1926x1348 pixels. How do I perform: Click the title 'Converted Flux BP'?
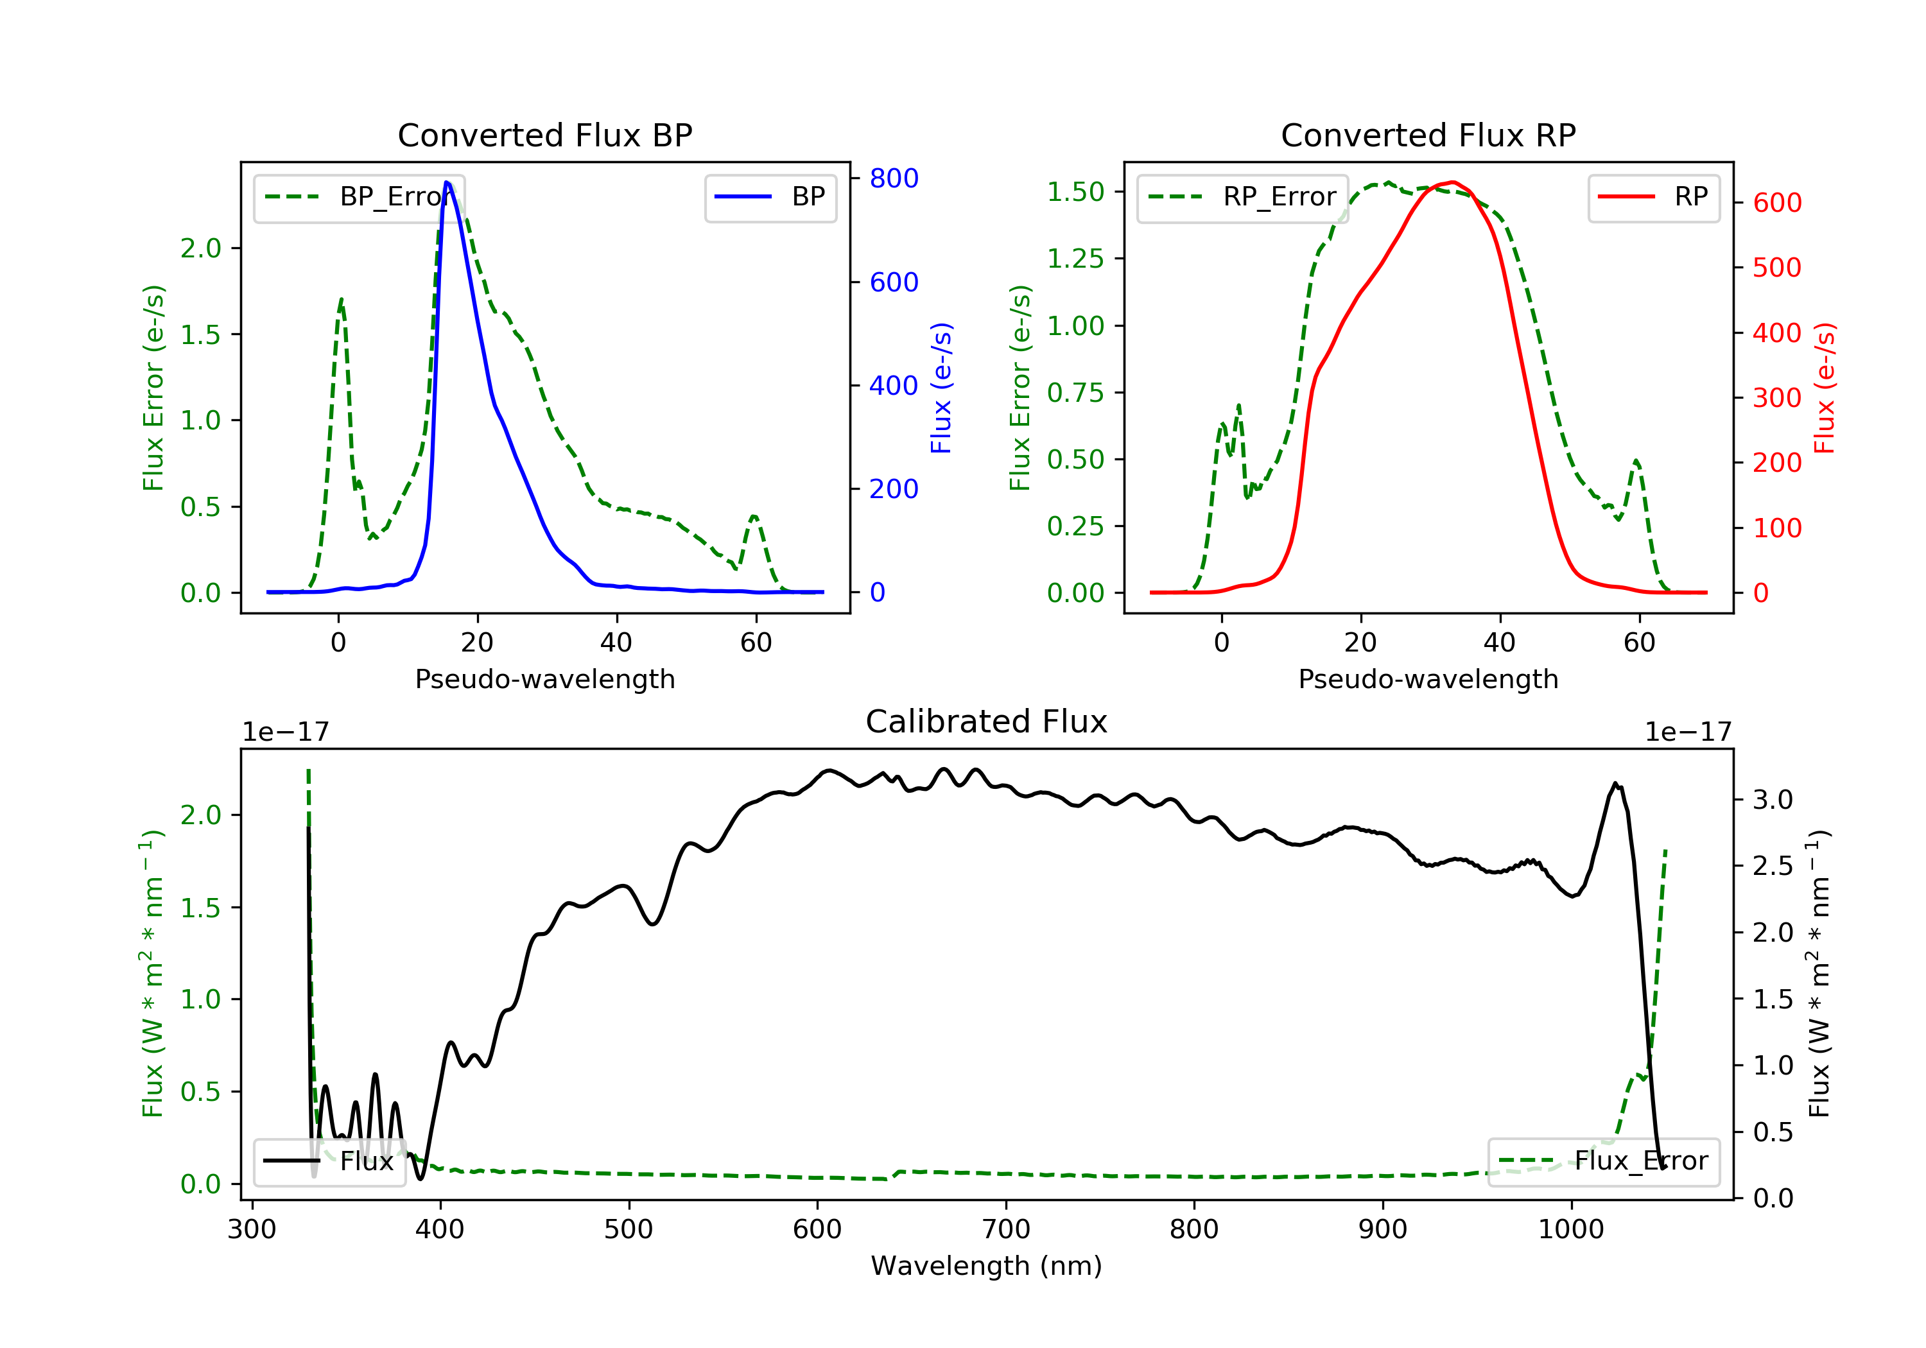544,135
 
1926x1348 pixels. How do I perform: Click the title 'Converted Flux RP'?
1428,135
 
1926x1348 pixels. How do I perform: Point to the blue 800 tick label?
894,178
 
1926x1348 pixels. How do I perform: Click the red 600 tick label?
1776,203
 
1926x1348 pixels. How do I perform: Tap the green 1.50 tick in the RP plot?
1075,192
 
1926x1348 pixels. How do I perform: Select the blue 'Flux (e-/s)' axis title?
942,388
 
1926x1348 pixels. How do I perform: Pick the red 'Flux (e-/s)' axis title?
1825,388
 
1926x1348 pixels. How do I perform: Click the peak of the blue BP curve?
447,183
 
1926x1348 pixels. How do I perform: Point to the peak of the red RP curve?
1453,182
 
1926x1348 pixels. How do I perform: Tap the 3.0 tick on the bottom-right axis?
1773,799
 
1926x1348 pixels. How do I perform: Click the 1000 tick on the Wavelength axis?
1570,1230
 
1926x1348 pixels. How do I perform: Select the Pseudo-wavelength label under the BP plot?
544,678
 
